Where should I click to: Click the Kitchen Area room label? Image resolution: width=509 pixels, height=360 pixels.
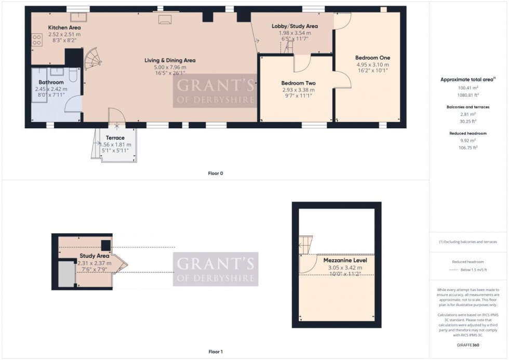click(64, 28)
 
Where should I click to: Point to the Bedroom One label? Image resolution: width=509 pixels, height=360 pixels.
click(372, 58)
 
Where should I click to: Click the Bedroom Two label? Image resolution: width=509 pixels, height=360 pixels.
click(298, 83)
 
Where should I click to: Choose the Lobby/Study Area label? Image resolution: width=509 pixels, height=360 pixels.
click(294, 26)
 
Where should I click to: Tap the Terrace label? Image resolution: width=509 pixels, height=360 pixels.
click(115, 138)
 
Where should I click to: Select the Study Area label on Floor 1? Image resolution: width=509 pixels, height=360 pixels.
click(94, 256)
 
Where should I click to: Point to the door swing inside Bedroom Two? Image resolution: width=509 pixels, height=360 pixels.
click(302, 64)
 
